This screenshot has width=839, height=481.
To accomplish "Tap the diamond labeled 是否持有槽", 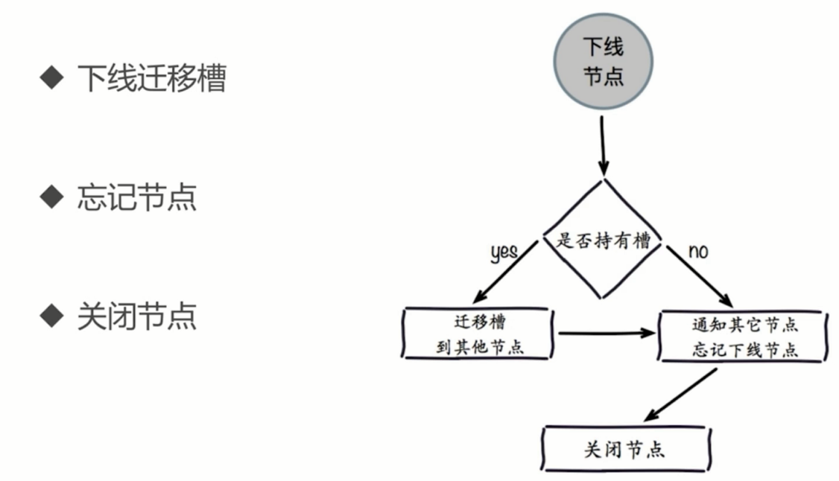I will tap(603, 240).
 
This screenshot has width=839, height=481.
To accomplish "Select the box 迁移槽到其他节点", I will tap(478, 334).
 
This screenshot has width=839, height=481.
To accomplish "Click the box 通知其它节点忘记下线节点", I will tap(744, 337).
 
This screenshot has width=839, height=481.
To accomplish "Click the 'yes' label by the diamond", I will tap(504, 252).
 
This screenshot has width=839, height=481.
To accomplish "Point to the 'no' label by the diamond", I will tap(698, 252).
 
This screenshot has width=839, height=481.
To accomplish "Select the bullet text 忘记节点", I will tap(136, 198).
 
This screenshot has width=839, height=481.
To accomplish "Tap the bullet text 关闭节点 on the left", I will tap(136, 316).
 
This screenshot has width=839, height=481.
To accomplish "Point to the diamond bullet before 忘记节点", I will tap(51, 198).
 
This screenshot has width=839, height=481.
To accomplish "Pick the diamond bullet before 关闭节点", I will tap(51, 316).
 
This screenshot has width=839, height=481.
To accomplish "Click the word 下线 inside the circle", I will tap(603, 49).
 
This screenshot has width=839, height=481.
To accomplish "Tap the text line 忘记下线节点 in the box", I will tap(744, 350).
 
